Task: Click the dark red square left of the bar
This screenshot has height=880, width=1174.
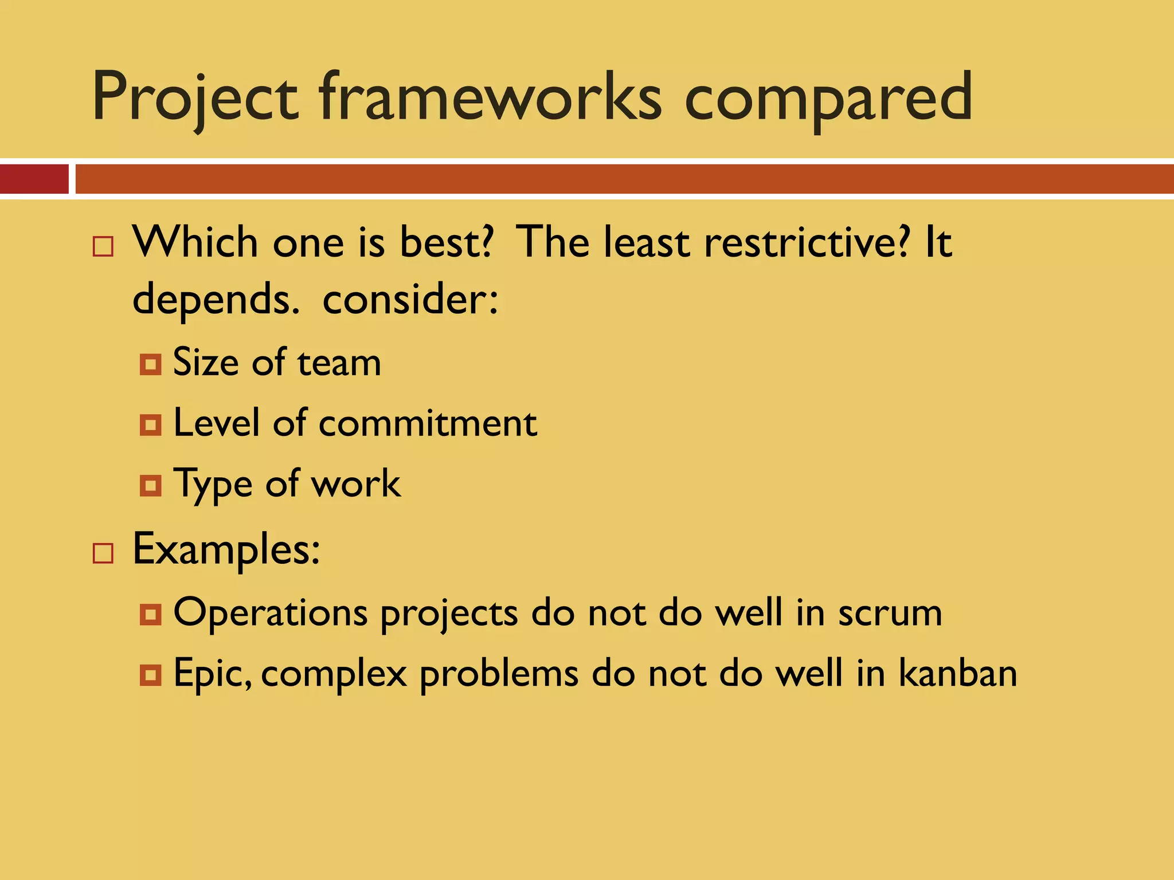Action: pyautogui.click(x=34, y=179)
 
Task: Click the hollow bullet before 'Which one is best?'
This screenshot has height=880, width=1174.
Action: pyautogui.click(x=103, y=246)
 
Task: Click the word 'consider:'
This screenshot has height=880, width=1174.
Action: pyautogui.click(x=410, y=299)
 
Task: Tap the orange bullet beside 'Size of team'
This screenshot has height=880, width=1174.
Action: pyautogui.click(x=150, y=364)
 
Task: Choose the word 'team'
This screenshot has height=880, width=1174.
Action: pyautogui.click(x=339, y=363)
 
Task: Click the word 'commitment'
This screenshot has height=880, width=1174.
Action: pyautogui.click(x=428, y=424)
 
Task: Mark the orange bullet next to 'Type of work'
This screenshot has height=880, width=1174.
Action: pyautogui.click(x=150, y=486)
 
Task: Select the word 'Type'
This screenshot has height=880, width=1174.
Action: pyautogui.click(x=213, y=485)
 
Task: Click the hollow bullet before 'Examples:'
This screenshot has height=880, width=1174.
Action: pyautogui.click(x=103, y=553)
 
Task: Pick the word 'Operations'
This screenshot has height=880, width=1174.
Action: pyautogui.click(x=270, y=613)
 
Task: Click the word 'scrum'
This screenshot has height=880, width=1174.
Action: pyautogui.click(x=890, y=613)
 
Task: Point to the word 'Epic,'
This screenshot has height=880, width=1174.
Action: pyautogui.click(x=212, y=674)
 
